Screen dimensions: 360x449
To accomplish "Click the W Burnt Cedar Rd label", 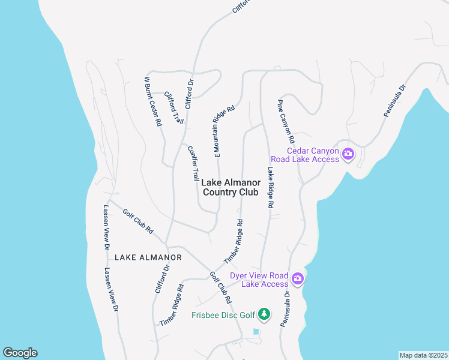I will click(152, 101).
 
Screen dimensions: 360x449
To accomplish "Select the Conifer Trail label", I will click(193, 163).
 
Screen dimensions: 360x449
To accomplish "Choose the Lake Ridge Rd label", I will click(271, 187).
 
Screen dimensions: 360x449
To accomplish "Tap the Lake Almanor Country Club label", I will click(231, 188).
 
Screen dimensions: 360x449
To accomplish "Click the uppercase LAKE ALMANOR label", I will click(148, 257).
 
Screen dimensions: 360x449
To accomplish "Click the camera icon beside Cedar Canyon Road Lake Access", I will click(348, 155).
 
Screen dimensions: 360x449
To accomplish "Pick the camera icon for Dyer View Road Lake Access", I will click(298, 278).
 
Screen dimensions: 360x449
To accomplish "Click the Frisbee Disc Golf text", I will click(221, 315).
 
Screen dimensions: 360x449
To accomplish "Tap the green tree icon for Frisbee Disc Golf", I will click(264, 314).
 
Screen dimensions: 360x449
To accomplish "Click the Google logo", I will click(20, 353).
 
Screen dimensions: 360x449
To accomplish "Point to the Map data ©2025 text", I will click(423, 355).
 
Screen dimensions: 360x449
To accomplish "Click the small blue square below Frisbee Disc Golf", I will click(256, 331).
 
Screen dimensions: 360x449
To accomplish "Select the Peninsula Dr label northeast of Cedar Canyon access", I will click(396, 100).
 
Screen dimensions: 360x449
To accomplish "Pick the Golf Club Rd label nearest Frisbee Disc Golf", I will click(220, 287).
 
